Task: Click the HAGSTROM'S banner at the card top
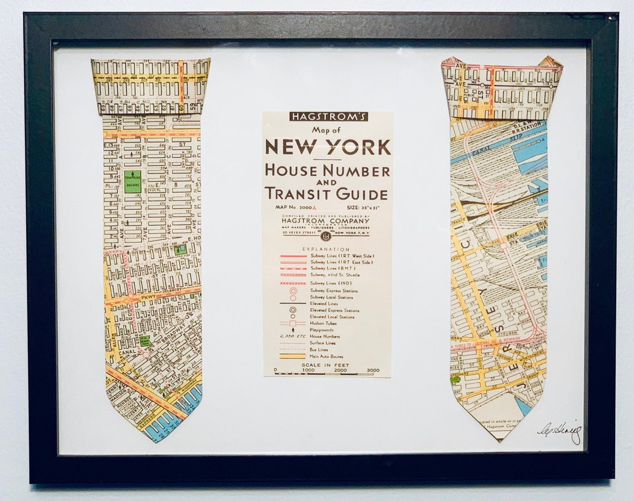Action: pos(328,116)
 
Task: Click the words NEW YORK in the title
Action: pos(328,147)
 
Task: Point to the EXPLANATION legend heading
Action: pos(326,249)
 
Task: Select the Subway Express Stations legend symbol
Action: pos(293,291)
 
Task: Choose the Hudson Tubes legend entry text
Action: pos(325,323)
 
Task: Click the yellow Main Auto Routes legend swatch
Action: pos(293,356)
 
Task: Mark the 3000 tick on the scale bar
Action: pos(373,370)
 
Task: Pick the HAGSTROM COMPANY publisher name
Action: pos(326,220)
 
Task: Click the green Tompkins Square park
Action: pos(132,182)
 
